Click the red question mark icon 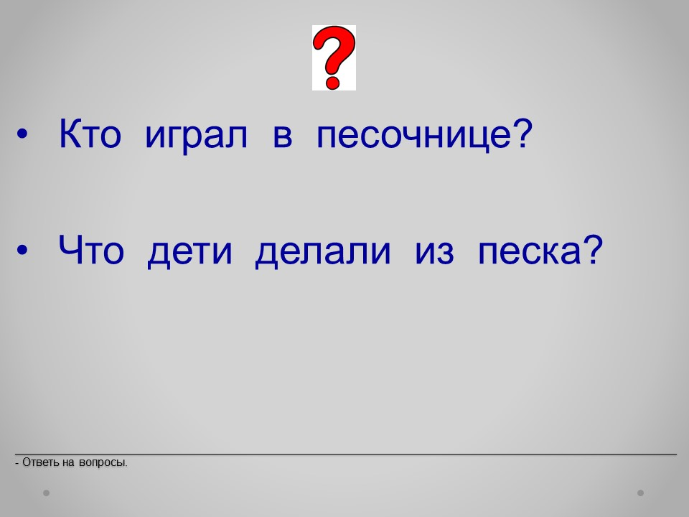334,57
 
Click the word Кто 90,134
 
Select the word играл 196,136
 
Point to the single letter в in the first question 283,136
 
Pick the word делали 323,253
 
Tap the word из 434,253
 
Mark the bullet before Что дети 22,250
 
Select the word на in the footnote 69,463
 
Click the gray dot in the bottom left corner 46,493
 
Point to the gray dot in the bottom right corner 641,493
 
